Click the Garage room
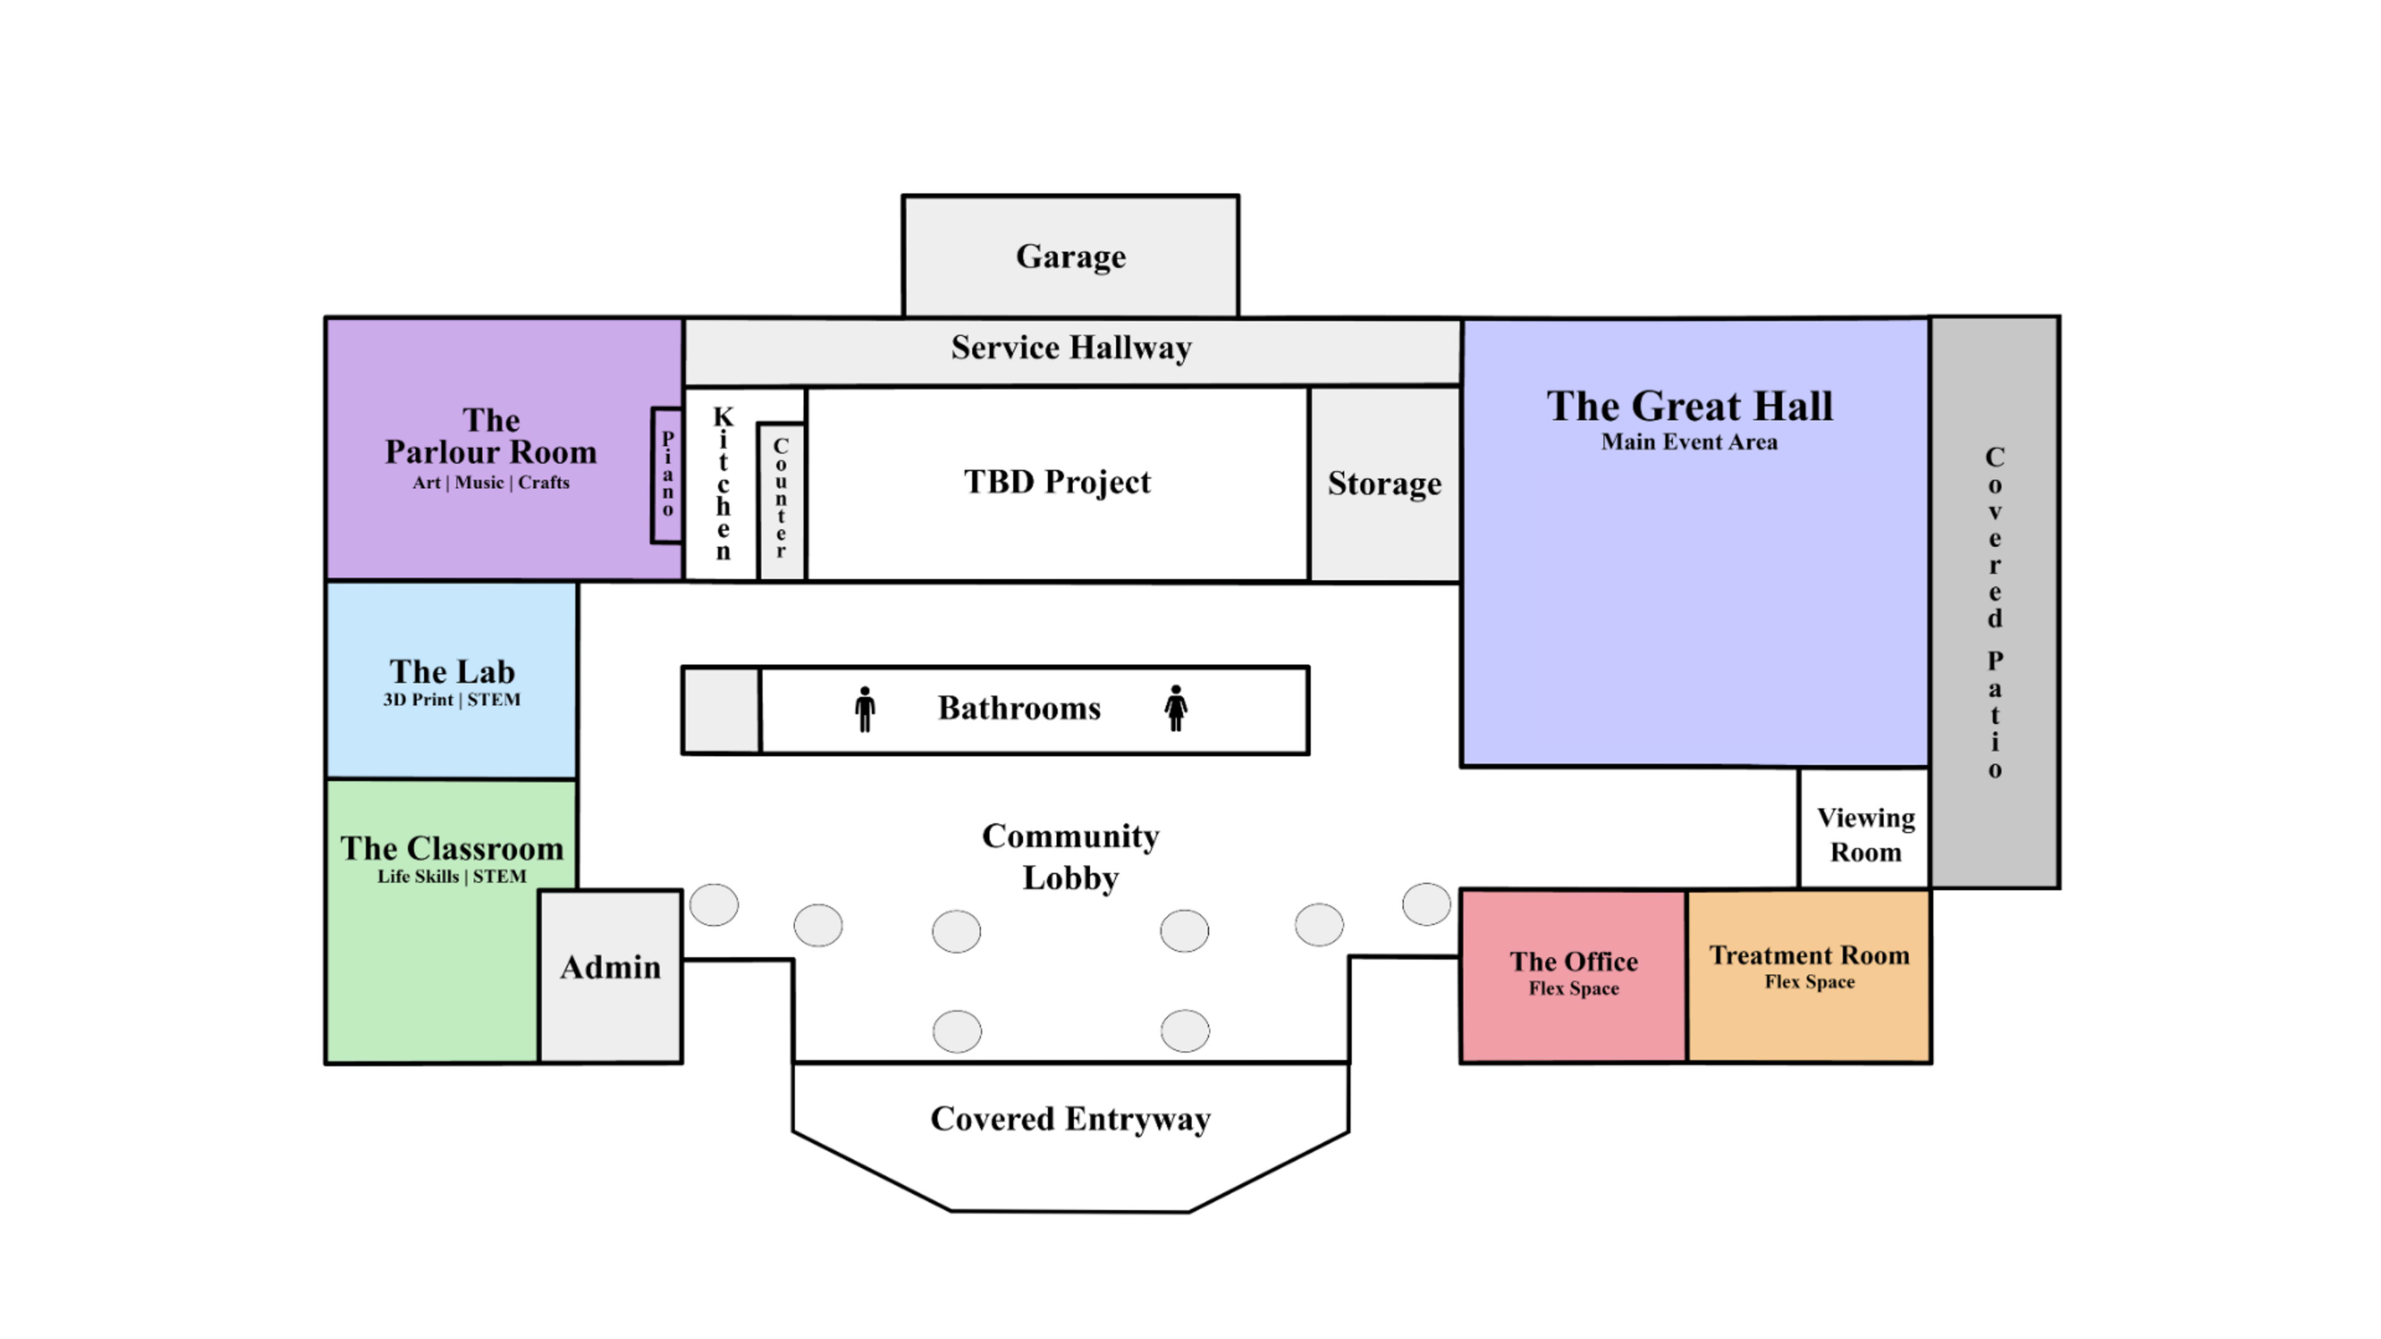(x=1070, y=256)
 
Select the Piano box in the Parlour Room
(x=667, y=475)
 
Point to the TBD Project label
(x=1057, y=482)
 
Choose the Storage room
(x=1385, y=484)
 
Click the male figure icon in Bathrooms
(x=865, y=709)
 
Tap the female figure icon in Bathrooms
(x=1176, y=709)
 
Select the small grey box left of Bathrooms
(x=721, y=710)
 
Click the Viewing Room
(x=1864, y=834)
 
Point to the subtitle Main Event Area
(x=1688, y=443)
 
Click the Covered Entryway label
(x=1070, y=1119)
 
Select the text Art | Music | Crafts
(x=491, y=482)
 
